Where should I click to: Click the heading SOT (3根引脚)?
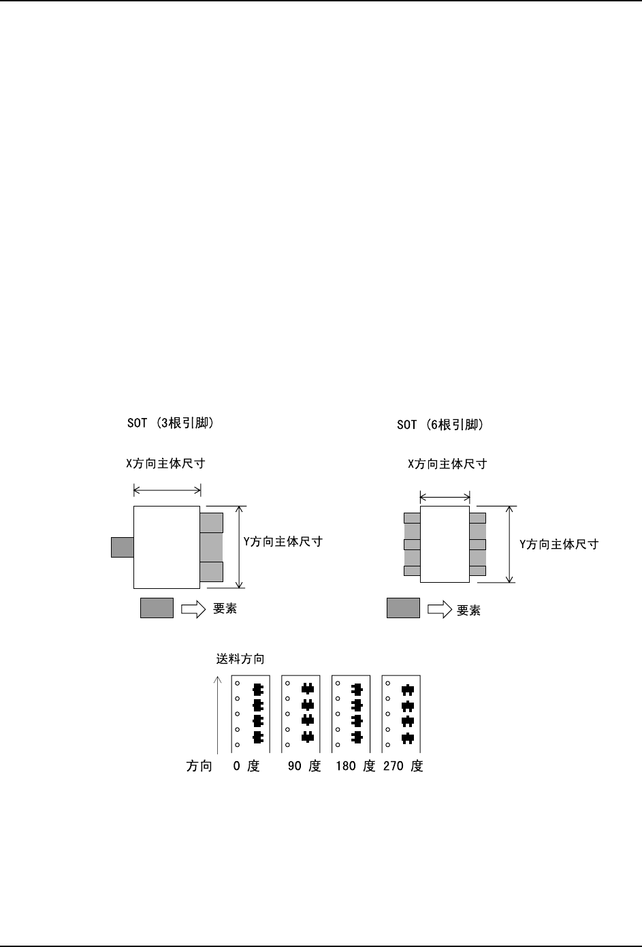(x=170, y=423)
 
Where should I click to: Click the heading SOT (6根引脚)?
(x=440, y=424)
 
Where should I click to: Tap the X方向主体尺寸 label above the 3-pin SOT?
(x=165, y=464)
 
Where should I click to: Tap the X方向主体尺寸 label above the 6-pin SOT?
(x=447, y=464)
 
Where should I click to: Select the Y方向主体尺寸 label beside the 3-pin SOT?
(x=283, y=541)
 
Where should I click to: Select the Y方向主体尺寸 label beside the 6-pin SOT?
(x=559, y=544)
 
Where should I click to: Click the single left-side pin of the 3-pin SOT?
(x=123, y=547)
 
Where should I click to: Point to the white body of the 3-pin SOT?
(x=167, y=547)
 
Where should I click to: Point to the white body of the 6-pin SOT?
(x=445, y=544)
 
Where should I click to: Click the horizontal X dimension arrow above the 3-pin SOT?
(x=167, y=490)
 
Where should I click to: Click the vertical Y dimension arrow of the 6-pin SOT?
(x=509, y=544)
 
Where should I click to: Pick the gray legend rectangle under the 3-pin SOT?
(x=157, y=608)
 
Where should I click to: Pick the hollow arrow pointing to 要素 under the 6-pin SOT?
(x=440, y=609)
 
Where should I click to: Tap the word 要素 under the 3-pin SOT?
(x=225, y=609)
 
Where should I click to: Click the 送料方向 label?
(x=240, y=658)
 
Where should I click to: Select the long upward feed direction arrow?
(x=218, y=715)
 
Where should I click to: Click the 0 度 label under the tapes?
(x=246, y=766)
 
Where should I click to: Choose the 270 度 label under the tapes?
(x=403, y=766)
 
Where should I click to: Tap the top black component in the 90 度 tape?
(x=308, y=689)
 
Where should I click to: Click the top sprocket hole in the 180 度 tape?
(x=338, y=684)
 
